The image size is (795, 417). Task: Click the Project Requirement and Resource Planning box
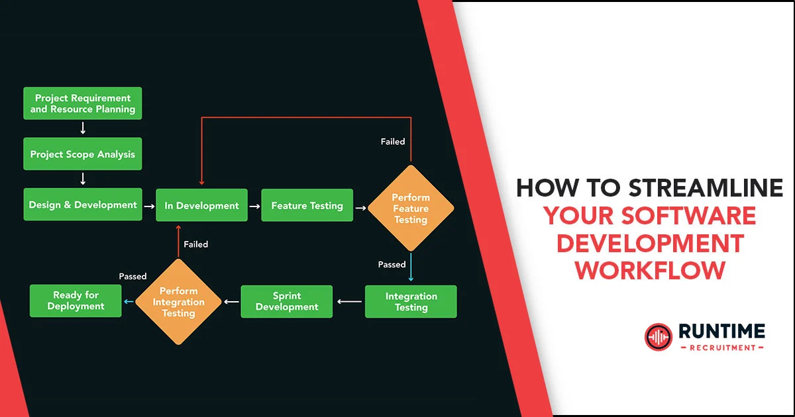[x=82, y=103]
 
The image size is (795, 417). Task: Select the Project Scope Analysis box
[x=82, y=154]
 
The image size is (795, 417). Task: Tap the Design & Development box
[x=82, y=205]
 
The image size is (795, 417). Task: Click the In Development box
[x=201, y=205]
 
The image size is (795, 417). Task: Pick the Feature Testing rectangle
[x=307, y=205]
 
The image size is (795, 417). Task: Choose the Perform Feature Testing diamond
[x=411, y=208]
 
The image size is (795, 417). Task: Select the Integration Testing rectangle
[x=411, y=302]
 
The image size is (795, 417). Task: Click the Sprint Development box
[x=286, y=302]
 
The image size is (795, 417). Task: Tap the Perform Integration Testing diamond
[x=178, y=302]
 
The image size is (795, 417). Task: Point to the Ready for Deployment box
[x=76, y=301]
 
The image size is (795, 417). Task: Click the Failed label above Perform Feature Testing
[x=392, y=142]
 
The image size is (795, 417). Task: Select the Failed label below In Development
[x=196, y=244]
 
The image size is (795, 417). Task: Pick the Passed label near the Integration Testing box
[x=392, y=265]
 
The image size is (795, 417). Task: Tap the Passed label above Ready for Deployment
[x=132, y=276]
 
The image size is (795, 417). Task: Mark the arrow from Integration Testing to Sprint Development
[x=349, y=302]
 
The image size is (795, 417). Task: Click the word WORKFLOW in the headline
[x=649, y=270]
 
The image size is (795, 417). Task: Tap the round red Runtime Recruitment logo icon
[x=658, y=337]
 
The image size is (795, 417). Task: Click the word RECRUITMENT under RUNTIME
[x=721, y=347]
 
